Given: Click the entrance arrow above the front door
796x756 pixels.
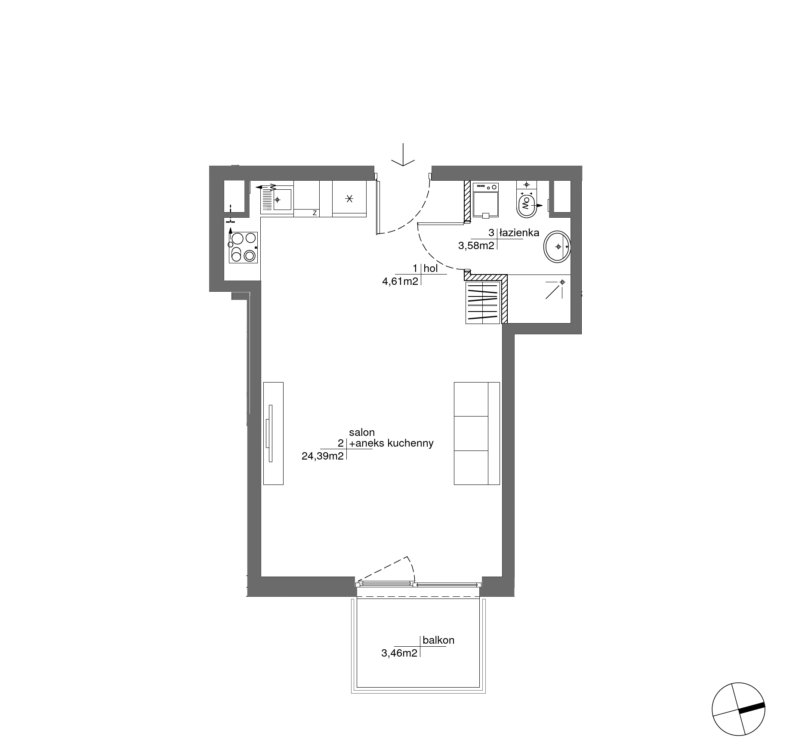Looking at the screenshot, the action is click(x=403, y=155).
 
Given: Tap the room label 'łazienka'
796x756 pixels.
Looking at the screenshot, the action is click(x=519, y=233).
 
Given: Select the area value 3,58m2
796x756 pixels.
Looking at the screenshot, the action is click(x=476, y=246).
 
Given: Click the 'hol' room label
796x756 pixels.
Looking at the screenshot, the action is click(x=431, y=268).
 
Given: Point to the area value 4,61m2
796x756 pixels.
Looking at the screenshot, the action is click(x=400, y=282).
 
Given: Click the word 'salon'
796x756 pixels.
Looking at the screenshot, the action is click(x=362, y=432).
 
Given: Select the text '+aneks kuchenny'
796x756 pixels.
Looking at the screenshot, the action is click(x=391, y=443).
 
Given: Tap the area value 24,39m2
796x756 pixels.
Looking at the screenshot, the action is click(x=323, y=456).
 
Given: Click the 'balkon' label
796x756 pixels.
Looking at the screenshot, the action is click(x=438, y=640).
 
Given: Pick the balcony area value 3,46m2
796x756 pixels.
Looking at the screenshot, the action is click(x=399, y=653).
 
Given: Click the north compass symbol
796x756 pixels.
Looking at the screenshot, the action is click(x=738, y=709).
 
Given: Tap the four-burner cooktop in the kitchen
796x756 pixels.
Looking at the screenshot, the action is click(x=243, y=247).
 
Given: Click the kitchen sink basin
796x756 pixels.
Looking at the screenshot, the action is click(x=282, y=200).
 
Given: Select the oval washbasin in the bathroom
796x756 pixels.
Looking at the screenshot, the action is click(x=557, y=247).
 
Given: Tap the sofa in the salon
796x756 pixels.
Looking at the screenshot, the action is click(x=477, y=433).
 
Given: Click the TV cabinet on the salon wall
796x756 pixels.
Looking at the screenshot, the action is click(x=273, y=433).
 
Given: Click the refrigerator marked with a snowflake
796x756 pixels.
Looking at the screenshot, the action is click(x=349, y=199).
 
